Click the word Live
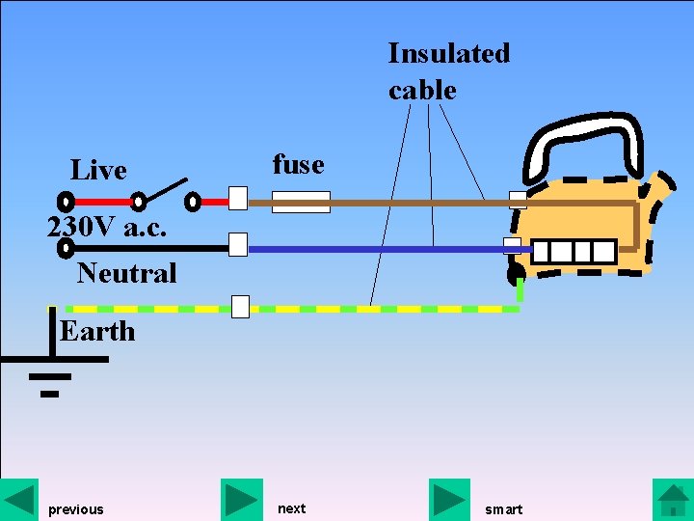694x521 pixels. pos(98,171)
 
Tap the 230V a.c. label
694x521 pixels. pos(107,228)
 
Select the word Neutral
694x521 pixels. pos(126,273)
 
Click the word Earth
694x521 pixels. pos(96,331)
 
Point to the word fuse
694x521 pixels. pos(298,164)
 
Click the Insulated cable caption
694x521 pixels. pos(448,70)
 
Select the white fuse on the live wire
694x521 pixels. pos(301,202)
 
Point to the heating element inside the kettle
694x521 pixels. pos(574,252)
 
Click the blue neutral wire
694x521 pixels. pos(376,249)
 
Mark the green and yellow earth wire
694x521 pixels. pos(386,309)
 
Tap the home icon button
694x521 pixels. pos(673,499)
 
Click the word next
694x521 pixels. pos(291,508)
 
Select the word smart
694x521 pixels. pos(503,509)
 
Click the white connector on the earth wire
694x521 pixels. pos(241,307)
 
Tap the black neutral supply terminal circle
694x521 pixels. pos(66,248)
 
